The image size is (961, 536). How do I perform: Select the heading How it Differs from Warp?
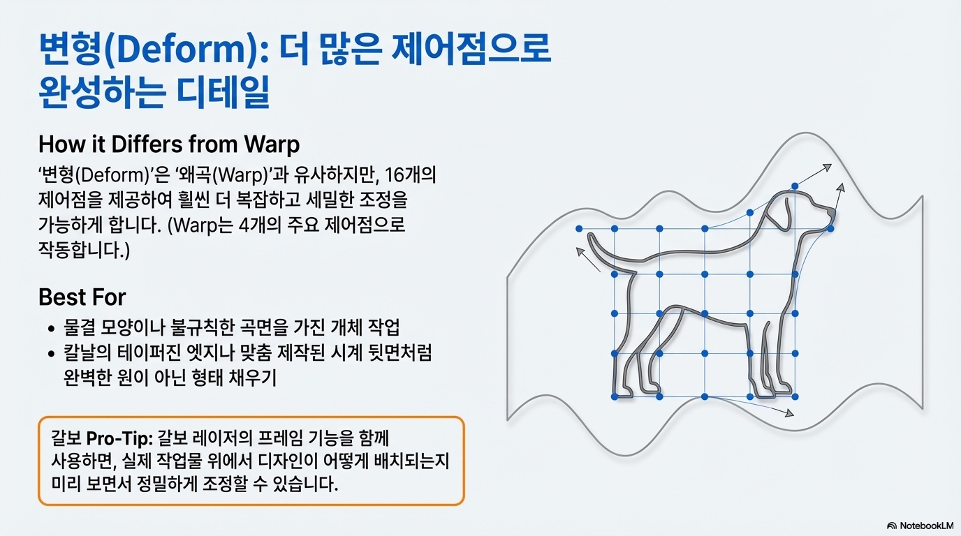tap(169, 144)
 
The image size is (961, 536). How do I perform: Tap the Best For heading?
tap(82, 297)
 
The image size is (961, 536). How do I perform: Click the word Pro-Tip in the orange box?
tap(115, 439)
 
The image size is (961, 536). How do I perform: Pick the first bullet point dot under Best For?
tap(51, 329)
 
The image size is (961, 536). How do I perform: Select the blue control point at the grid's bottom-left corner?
tap(614, 396)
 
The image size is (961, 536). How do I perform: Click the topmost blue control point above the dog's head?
tap(795, 186)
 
